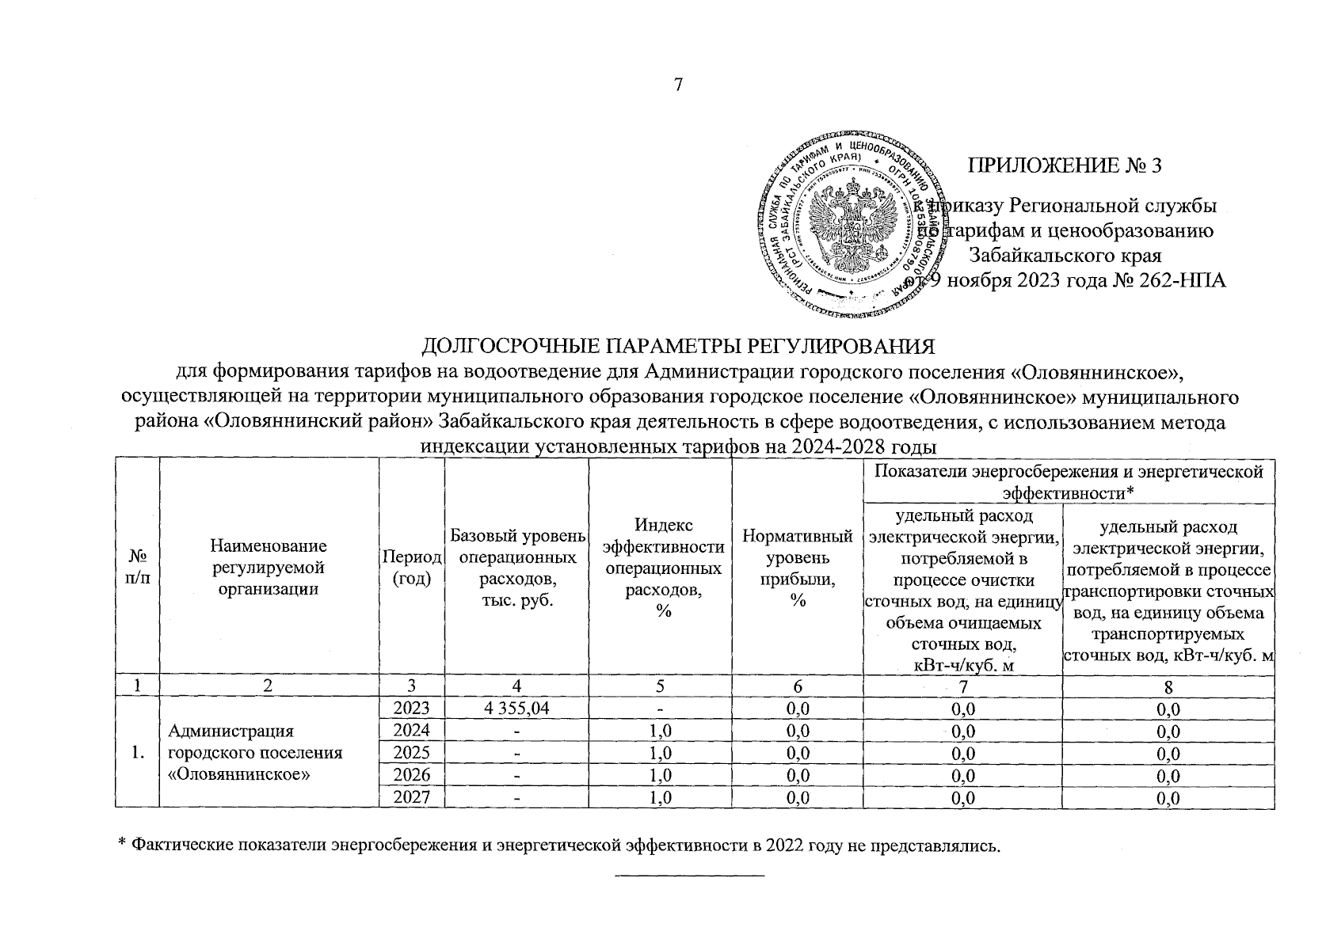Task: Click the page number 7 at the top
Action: [677, 85]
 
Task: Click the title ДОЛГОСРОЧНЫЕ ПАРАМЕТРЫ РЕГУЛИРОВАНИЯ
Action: [677, 348]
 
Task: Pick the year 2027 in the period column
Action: [412, 798]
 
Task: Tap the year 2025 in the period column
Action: [412, 753]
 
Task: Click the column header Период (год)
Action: [412, 567]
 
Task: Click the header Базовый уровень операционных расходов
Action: [516, 567]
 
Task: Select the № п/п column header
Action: [137, 567]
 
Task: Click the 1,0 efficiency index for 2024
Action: [660, 731]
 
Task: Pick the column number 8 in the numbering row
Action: [1168, 686]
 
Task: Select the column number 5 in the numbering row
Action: [660, 686]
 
